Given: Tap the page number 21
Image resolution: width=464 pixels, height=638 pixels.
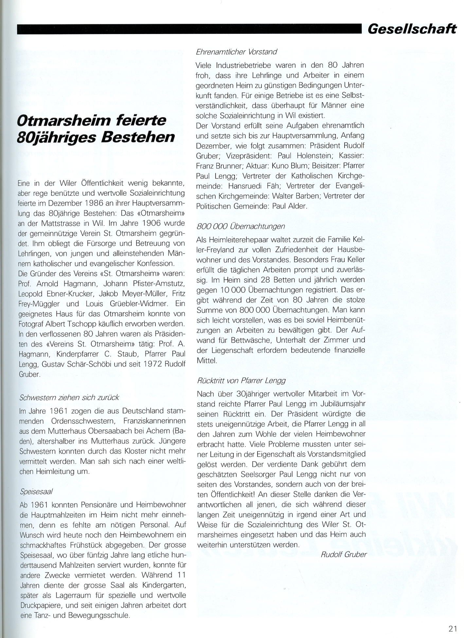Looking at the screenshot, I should coord(452,629).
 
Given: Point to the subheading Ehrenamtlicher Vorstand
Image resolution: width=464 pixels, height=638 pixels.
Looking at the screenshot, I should coord(236,52).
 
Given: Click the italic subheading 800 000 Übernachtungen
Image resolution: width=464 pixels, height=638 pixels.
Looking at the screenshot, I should coord(241,226).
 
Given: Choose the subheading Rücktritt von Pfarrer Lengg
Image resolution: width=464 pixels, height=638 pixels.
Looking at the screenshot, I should coord(241,380).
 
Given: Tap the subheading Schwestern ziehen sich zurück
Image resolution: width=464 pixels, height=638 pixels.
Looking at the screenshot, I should coord(69,397).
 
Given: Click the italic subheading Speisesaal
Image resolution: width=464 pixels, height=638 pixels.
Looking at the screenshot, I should coord(36,491).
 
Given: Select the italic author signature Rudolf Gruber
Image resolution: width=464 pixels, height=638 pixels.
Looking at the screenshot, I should coord(344,554).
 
